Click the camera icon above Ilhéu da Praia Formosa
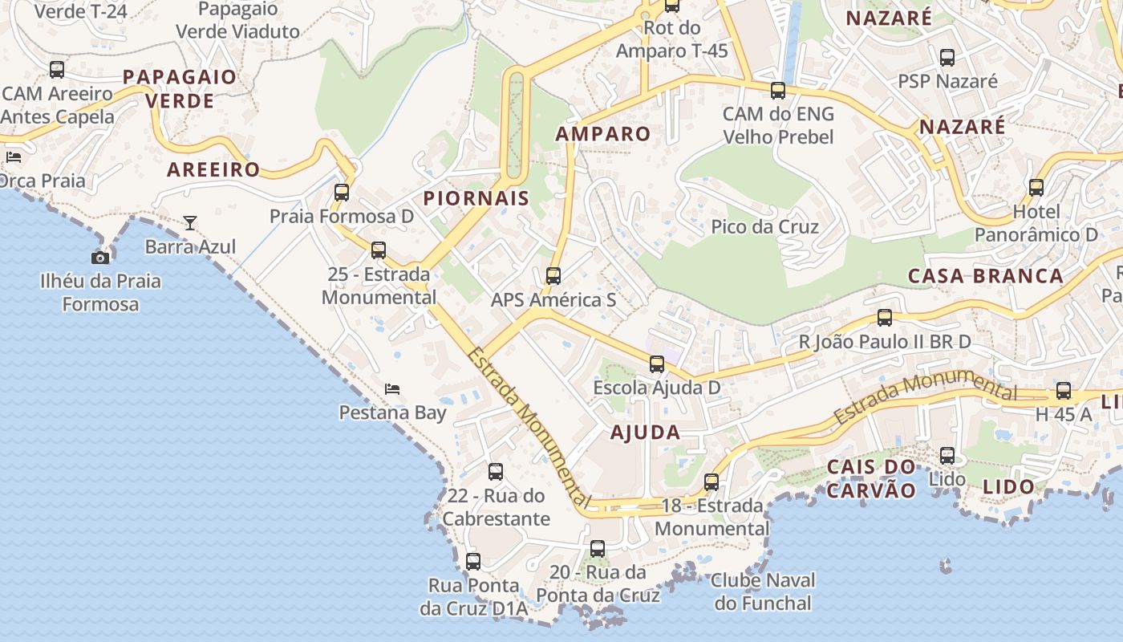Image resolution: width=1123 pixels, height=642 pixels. (100, 258)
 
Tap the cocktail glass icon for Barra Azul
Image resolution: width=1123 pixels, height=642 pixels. (190, 223)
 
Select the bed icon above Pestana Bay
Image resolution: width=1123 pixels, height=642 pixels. (392, 389)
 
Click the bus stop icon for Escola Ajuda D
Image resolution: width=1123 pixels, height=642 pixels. (657, 364)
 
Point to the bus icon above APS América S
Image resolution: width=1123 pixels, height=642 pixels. (553, 276)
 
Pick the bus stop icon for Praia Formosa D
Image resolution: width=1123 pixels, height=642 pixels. (342, 193)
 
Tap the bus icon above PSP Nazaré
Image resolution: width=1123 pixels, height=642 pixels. (947, 58)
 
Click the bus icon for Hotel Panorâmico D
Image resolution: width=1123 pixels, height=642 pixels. (1036, 188)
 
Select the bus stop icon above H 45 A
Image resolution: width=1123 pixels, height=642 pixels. (1064, 391)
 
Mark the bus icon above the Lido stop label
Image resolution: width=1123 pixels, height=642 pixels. (947, 456)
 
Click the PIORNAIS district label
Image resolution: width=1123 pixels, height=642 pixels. (476, 198)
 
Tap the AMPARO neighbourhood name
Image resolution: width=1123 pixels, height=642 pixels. (603, 134)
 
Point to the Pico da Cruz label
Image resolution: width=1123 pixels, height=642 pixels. (765, 226)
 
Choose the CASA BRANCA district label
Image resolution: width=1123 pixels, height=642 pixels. (986, 276)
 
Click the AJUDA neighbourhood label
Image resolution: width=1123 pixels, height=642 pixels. (646, 433)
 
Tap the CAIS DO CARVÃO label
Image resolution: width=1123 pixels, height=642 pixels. (871, 478)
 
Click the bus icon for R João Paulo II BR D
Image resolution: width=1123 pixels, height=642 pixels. (885, 318)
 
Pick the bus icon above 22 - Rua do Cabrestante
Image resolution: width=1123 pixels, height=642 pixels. (496, 472)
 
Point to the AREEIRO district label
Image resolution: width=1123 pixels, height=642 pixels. (213, 169)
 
